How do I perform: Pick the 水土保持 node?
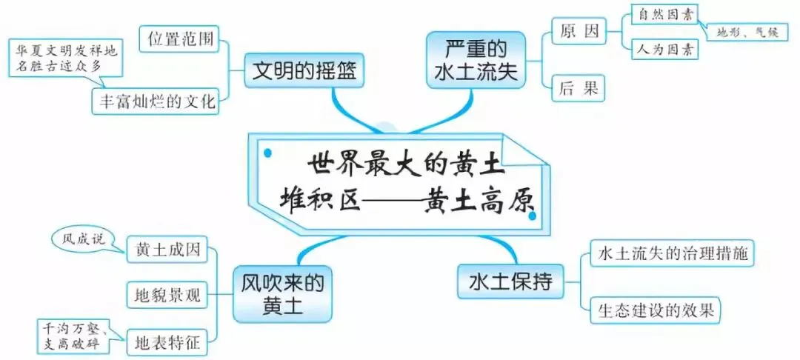(511, 281)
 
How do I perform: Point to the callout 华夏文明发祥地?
(67, 58)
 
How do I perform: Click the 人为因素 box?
(664, 50)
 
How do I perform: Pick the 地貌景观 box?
(167, 296)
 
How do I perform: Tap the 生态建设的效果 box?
(655, 310)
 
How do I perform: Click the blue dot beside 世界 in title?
(267, 153)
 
